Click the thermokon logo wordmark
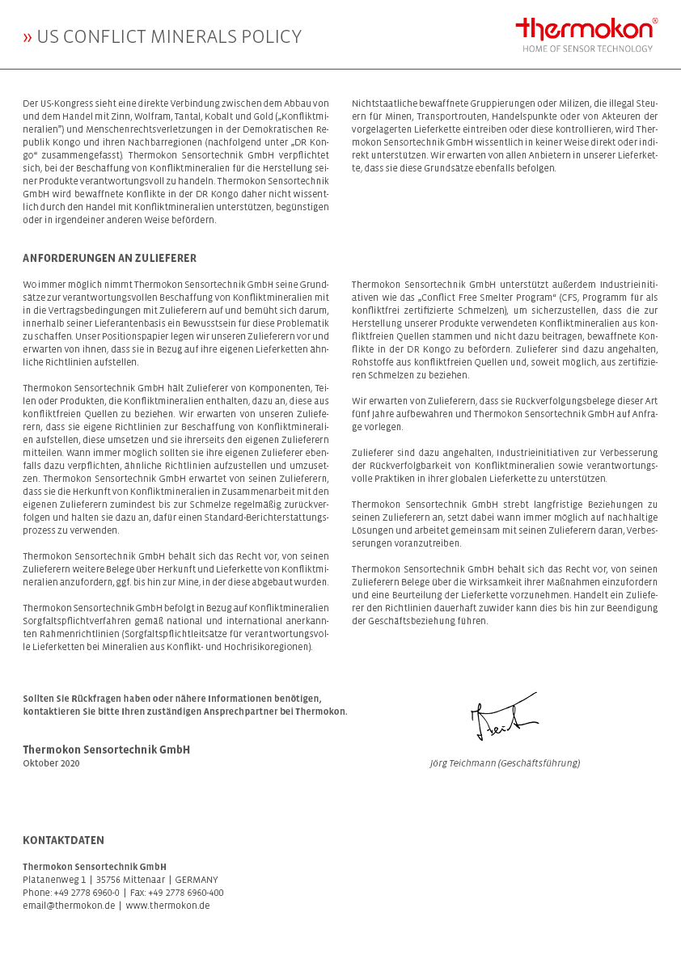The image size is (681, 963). (x=584, y=29)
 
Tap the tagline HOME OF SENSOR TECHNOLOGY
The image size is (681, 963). (x=586, y=49)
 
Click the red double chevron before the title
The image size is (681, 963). (x=27, y=37)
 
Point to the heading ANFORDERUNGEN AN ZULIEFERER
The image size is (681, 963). (x=109, y=259)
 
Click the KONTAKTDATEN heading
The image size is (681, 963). (x=63, y=840)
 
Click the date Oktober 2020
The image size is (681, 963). (x=51, y=763)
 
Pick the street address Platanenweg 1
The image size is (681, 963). (x=54, y=880)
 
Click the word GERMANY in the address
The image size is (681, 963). (x=197, y=880)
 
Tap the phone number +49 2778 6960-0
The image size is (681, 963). (x=87, y=893)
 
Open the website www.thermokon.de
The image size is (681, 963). (x=167, y=906)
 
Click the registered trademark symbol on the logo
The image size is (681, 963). (x=655, y=21)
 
